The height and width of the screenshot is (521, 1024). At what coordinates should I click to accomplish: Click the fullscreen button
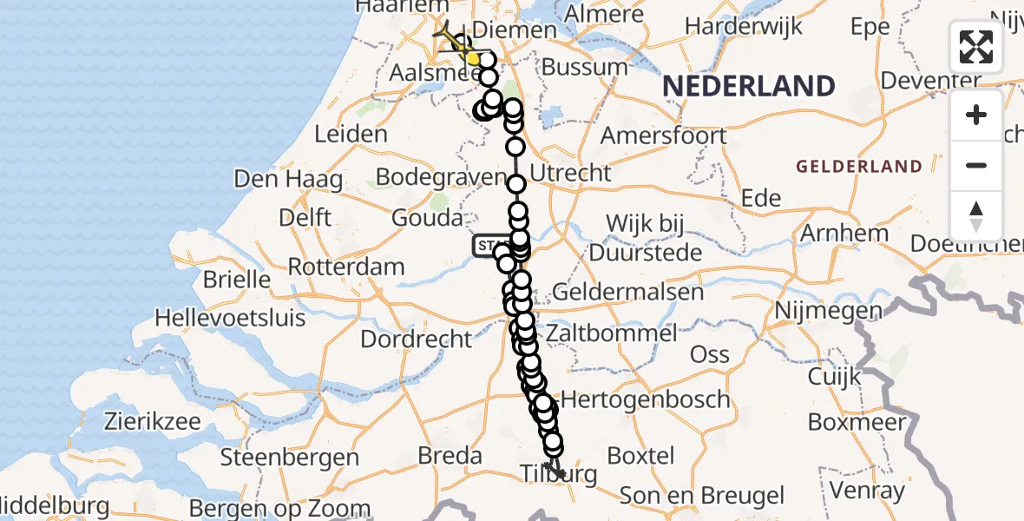click(x=976, y=47)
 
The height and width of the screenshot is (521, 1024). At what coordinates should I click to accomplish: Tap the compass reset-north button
click(x=976, y=216)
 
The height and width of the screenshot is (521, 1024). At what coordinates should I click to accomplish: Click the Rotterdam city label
click(x=345, y=267)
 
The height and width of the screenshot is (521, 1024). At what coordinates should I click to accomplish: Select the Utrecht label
click(x=570, y=173)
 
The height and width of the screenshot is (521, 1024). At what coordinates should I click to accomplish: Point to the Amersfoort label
click(x=664, y=135)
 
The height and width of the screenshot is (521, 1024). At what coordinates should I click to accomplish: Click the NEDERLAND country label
click(x=749, y=86)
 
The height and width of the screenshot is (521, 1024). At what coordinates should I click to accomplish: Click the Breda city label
click(x=450, y=455)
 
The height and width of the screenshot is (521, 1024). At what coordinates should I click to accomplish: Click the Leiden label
click(x=351, y=135)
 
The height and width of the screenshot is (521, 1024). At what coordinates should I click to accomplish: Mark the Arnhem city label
click(x=844, y=233)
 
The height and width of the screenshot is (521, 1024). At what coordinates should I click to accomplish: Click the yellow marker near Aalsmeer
click(x=473, y=58)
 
